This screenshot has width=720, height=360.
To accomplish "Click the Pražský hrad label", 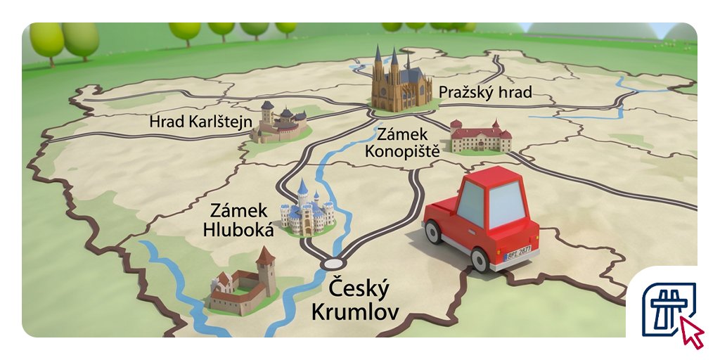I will [x=484, y=92].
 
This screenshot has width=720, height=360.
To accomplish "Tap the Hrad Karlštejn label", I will [x=200, y=122].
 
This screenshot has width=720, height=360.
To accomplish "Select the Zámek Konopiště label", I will [x=408, y=141].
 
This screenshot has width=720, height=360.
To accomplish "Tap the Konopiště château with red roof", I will [x=480, y=136].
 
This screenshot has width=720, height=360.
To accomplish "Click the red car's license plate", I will [x=521, y=255].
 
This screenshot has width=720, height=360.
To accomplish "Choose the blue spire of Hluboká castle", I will [x=303, y=188].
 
